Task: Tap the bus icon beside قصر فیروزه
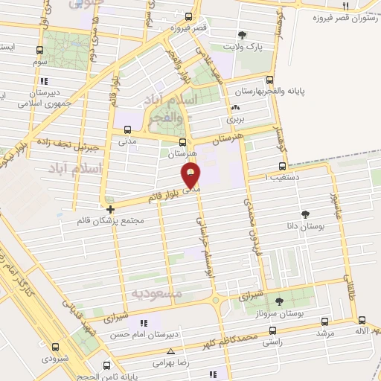(x=189, y=17)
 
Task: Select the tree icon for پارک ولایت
(x=242, y=34)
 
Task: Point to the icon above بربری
(x=235, y=108)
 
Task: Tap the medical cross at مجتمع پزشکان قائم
(x=110, y=209)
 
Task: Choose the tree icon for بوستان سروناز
(x=279, y=301)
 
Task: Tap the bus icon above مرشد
(x=324, y=321)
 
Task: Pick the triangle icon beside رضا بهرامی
(x=171, y=350)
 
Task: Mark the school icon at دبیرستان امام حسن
(x=144, y=323)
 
